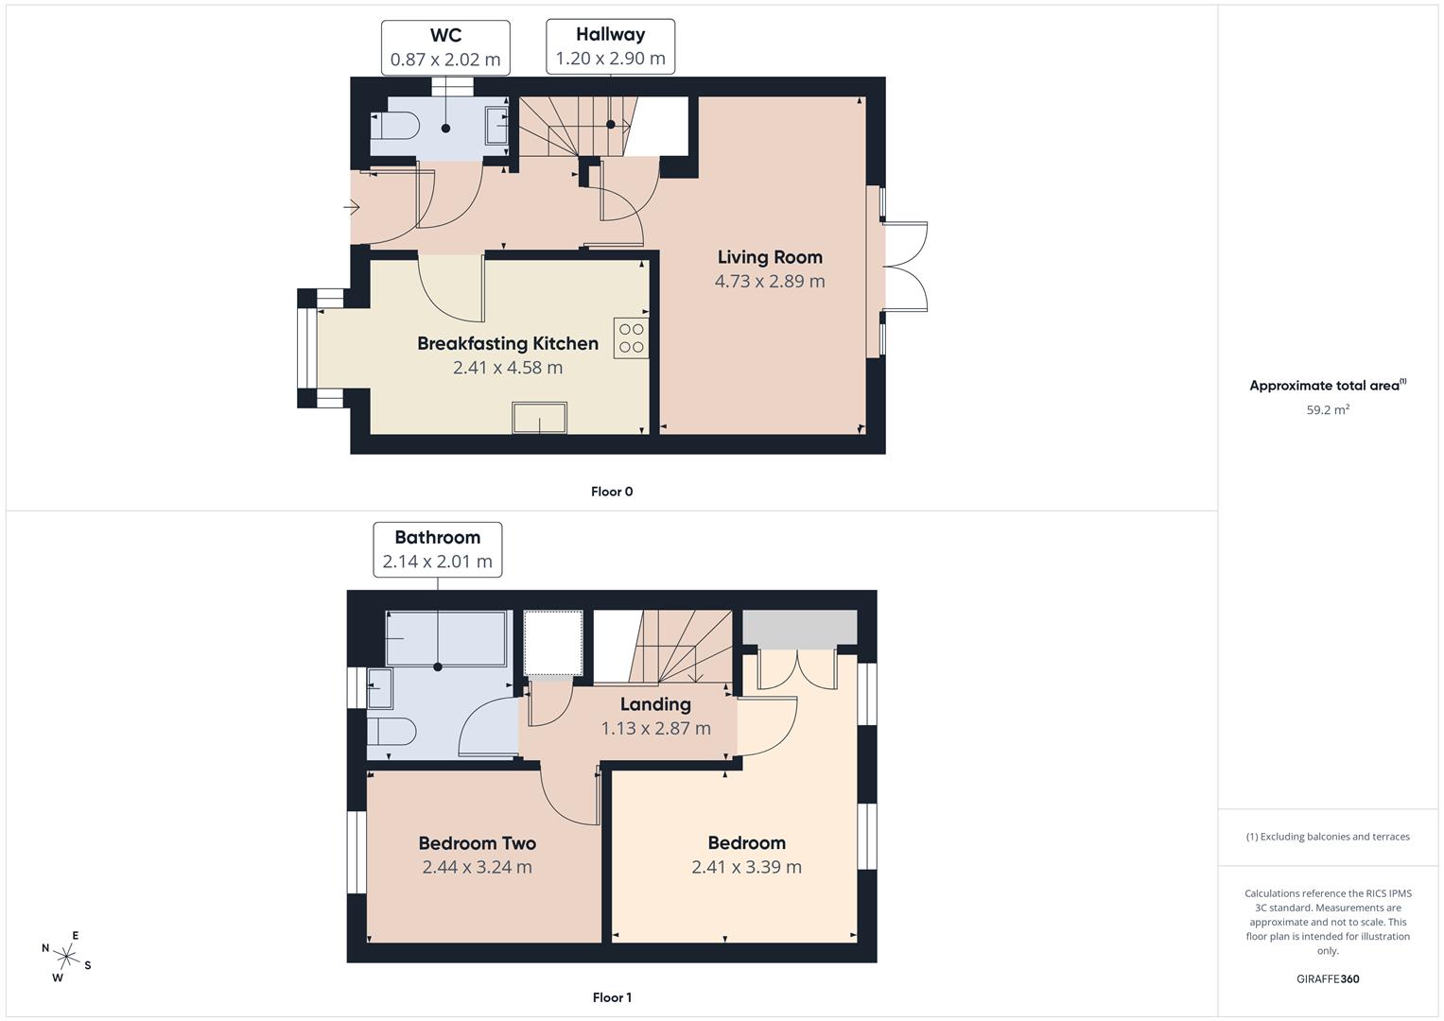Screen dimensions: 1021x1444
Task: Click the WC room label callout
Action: [x=445, y=47]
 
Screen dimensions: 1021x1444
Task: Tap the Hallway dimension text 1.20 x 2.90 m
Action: [x=610, y=59]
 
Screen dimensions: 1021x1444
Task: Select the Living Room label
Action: [x=770, y=257]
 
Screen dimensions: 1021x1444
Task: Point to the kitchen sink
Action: [x=539, y=417]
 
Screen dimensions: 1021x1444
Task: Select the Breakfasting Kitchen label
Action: [x=508, y=343]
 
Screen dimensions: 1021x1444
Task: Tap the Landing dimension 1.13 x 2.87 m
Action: [x=655, y=729]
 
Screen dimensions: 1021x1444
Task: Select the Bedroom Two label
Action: [x=478, y=843]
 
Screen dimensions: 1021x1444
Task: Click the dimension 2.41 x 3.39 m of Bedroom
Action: [x=746, y=867]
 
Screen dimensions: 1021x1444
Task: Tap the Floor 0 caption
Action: [x=612, y=492]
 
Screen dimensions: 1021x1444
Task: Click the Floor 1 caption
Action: [x=612, y=997]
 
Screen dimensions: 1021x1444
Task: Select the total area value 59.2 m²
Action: [x=1328, y=410]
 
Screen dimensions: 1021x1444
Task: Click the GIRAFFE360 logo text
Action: [x=1328, y=979]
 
